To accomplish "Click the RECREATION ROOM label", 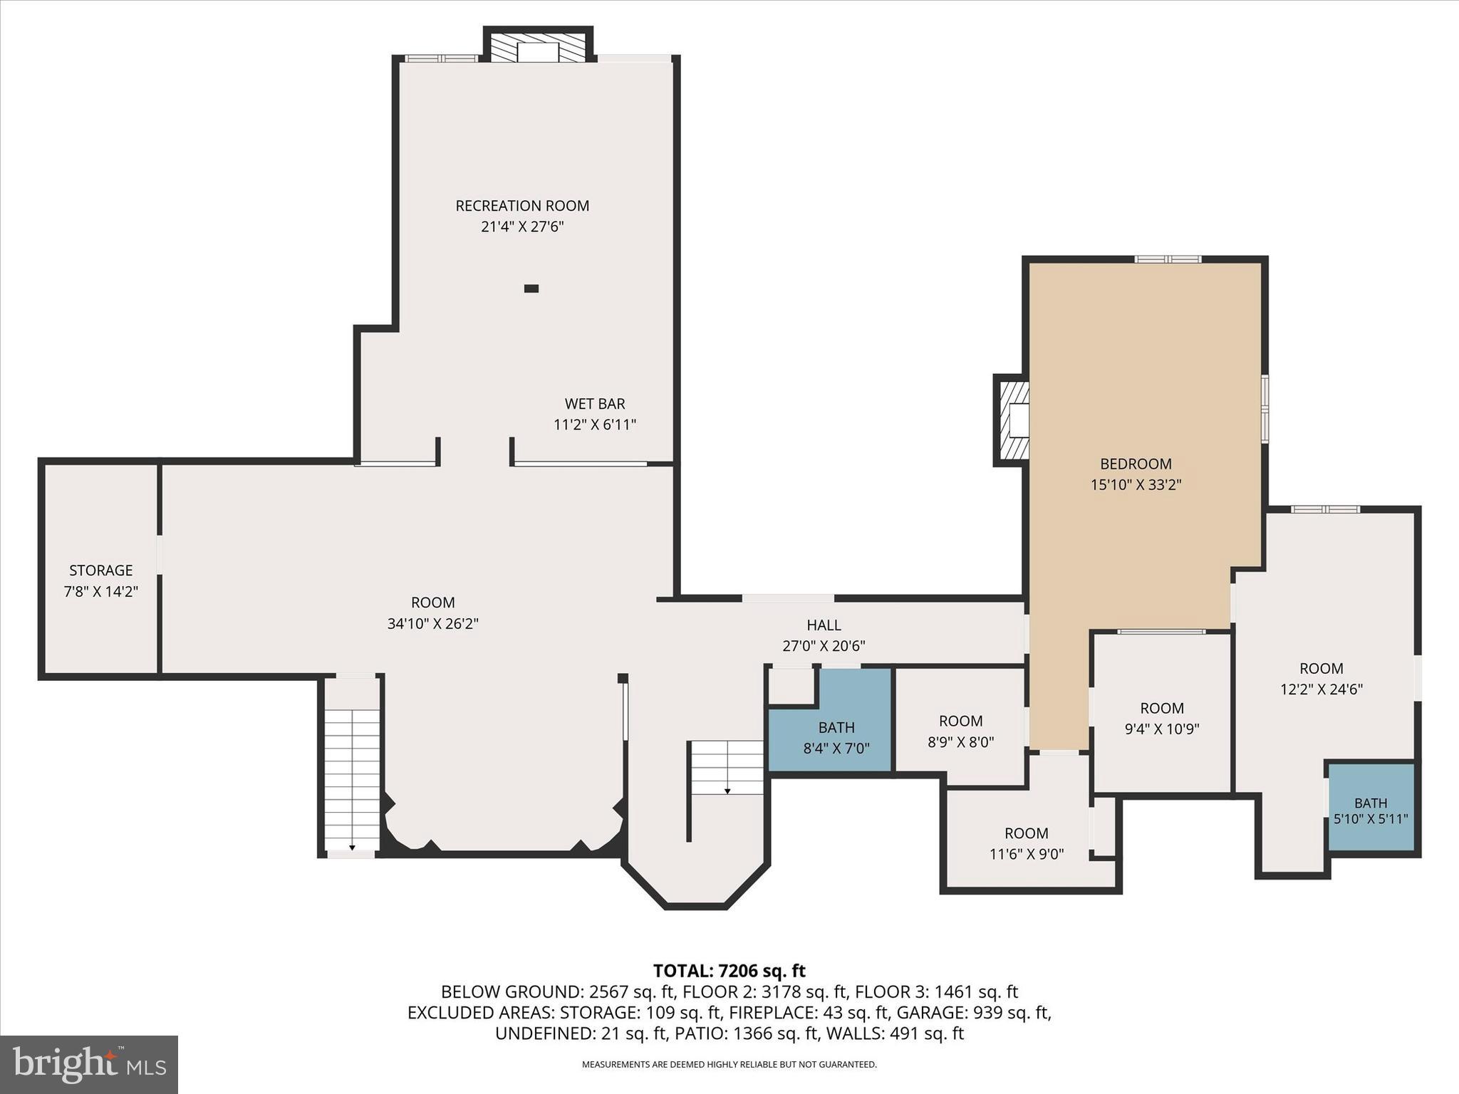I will click(522, 206).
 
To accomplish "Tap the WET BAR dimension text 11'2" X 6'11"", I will click(594, 425).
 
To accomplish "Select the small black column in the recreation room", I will click(531, 288).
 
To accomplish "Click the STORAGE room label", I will click(100, 571).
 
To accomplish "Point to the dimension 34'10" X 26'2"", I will click(432, 624).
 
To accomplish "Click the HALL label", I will click(824, 625).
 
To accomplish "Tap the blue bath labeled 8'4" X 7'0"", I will click(836, 737).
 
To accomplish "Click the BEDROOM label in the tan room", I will click(1136, 464).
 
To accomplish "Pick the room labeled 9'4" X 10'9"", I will click(1161, 718).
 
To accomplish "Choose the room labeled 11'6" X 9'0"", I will click(1026, 843).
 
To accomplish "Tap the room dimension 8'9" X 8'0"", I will click(960, 742).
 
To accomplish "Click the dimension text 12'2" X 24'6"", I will click(1322, 689).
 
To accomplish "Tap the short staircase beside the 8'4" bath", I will click(727, 768).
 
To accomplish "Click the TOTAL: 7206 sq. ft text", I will click(729, 971).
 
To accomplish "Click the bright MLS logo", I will click(89, 1065).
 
